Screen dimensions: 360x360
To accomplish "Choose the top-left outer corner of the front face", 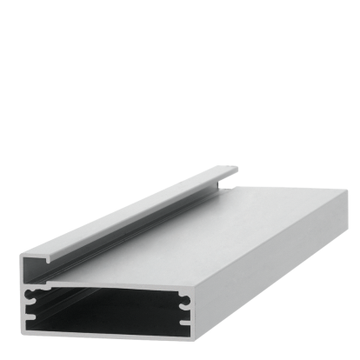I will point(23,255).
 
